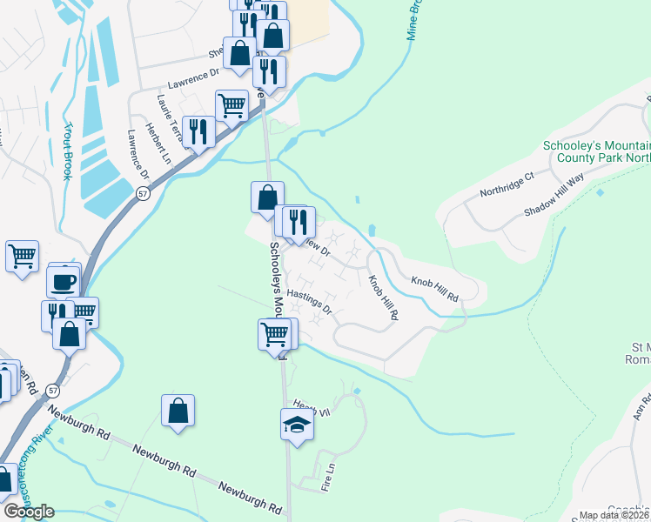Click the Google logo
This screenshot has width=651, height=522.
coord(28,512)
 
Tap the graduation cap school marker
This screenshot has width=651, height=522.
coord(296,425)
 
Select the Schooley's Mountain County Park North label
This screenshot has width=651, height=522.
coord(597,153)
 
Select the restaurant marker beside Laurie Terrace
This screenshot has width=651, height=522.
coord(198,132)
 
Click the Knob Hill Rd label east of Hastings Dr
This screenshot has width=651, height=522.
coord(383,298)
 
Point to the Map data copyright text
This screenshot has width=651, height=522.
coord(614,515)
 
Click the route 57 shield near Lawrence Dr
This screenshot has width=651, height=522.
coord(143,193)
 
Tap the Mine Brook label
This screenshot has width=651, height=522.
coord(415,19)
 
